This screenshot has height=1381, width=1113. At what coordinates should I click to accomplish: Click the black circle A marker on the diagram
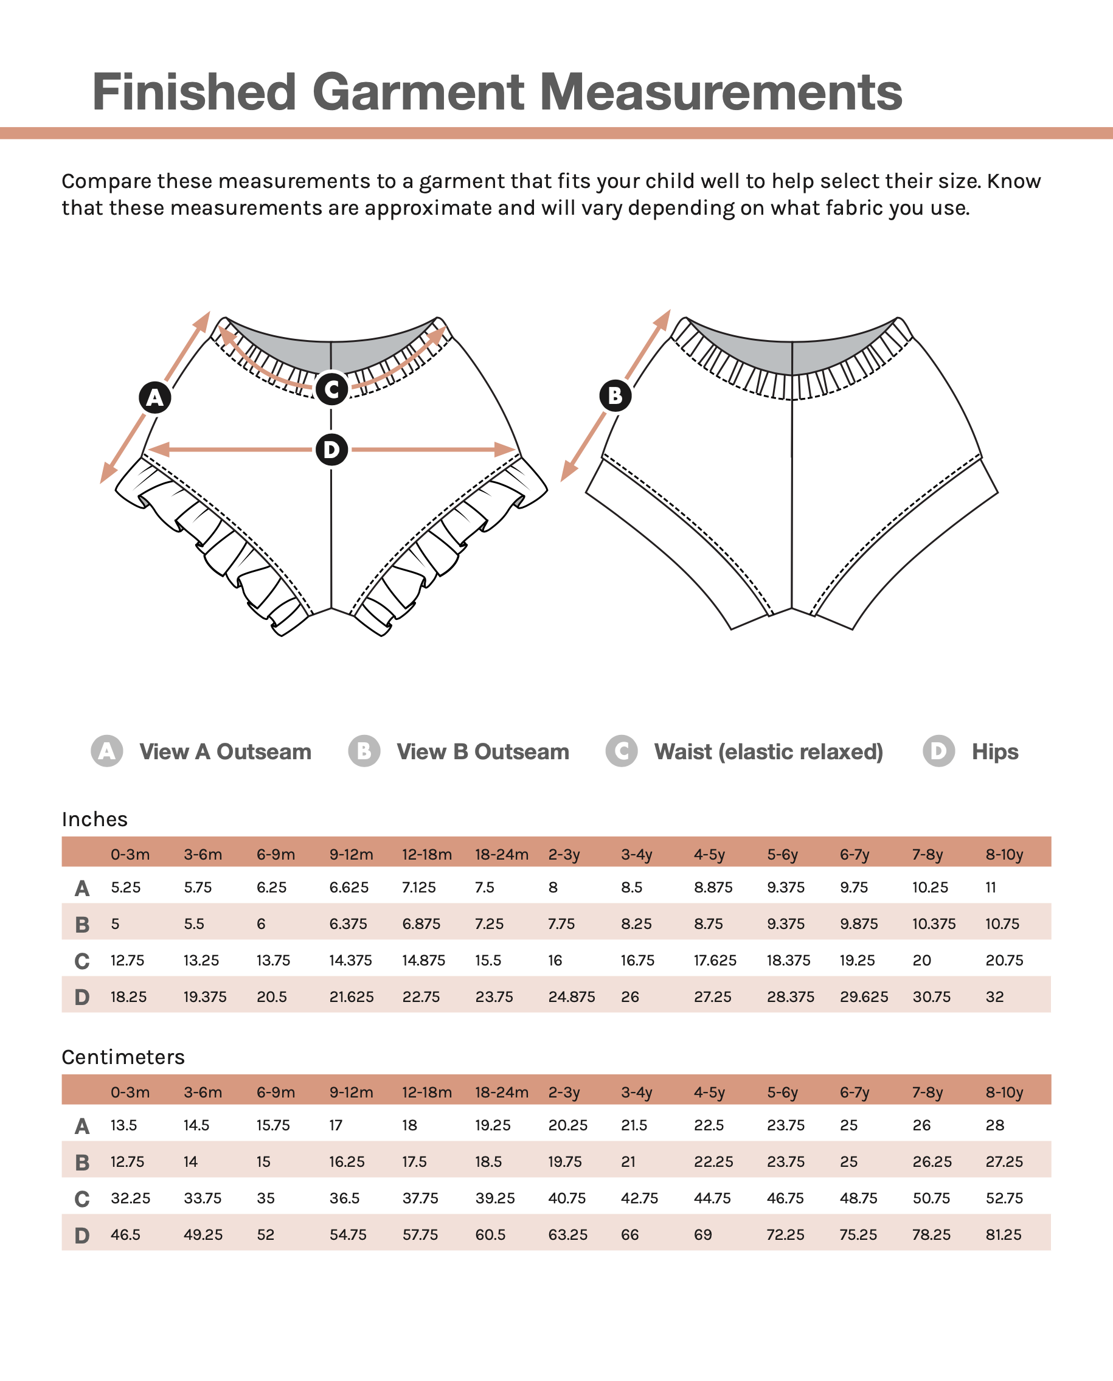(155, 397)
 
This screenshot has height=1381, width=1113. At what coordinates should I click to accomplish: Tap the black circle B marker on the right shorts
(615, 395)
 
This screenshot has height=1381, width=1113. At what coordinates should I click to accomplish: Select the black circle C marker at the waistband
(331, 389)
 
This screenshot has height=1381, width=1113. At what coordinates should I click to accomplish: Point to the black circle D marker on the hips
(331, 450)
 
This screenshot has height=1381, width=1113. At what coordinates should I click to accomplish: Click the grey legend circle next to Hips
(938, 751)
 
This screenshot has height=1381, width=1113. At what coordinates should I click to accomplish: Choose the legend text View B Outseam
(482, 751)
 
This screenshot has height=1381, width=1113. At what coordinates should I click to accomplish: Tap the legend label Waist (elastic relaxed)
(768, 751)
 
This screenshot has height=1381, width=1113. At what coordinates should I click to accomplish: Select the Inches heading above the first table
(94, 819)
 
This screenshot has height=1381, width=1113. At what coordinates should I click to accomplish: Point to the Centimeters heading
(123, 1057)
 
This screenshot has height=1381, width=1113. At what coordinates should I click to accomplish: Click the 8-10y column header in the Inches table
(1004, 855)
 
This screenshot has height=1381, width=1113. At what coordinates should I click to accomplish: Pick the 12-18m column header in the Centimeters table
(426, 1093)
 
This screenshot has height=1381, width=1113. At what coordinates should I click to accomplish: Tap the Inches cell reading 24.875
(571, 997)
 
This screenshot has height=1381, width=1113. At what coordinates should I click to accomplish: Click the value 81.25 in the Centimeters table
(1004, 1235)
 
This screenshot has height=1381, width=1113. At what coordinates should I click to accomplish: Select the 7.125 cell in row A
(418, 888)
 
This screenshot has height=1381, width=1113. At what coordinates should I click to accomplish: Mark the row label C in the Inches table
(81, 961)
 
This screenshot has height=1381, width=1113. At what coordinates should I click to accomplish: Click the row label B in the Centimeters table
(81, 1163)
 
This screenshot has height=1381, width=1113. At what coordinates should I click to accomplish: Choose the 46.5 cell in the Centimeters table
(125, 1235)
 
